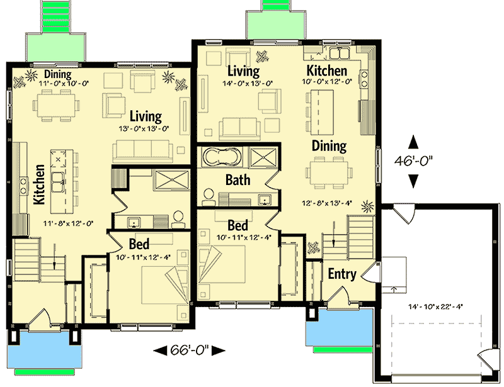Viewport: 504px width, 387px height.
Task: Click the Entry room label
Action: (x=343, y=274)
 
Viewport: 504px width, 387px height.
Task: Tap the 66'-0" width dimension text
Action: (x=190, y=350)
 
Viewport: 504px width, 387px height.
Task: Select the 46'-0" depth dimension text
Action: (x=413, y=160)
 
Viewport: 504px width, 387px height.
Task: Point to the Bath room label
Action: (x=238, y=180)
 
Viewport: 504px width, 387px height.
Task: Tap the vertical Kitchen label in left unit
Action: (x=39, y=184)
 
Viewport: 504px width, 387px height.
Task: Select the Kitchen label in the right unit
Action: (x=326, y=70)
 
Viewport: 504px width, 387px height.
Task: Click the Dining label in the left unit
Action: (x=57, y=75)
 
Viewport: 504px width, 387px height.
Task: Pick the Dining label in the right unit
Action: (x=329, y=146)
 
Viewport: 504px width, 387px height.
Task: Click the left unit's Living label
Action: (x=146, y=116)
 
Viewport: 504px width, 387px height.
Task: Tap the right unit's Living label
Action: (x=243, y=70)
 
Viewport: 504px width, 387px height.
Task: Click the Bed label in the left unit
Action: (x=139, y=244)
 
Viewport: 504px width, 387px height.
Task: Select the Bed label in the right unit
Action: (x=238, y=225)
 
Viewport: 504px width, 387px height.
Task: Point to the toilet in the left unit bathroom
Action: (x=178, y=218)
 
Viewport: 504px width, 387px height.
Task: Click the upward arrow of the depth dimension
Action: (x=413, y=140)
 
